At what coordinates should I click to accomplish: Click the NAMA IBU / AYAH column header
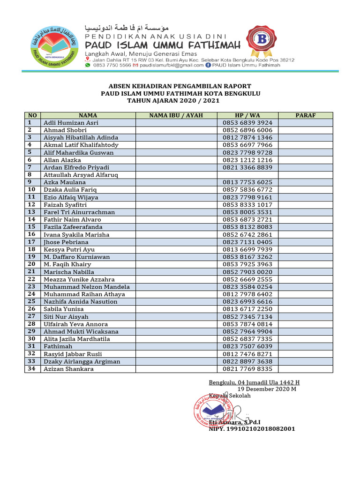[176, 115]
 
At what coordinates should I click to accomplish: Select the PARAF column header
[305, 115]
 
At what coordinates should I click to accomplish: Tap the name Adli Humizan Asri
[71, 123]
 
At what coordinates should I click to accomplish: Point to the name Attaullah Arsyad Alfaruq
[81, 175]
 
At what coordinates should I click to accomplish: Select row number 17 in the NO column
[32, 242]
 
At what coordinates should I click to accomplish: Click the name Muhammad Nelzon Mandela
[87, 287]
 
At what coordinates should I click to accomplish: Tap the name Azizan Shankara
[69, 369]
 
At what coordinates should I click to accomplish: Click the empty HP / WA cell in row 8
[247, 175]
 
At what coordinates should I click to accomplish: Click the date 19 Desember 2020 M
[267, 389]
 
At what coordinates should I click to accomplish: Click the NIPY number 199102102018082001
[252, 429]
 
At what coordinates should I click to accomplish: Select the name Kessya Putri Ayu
[69, 249]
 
